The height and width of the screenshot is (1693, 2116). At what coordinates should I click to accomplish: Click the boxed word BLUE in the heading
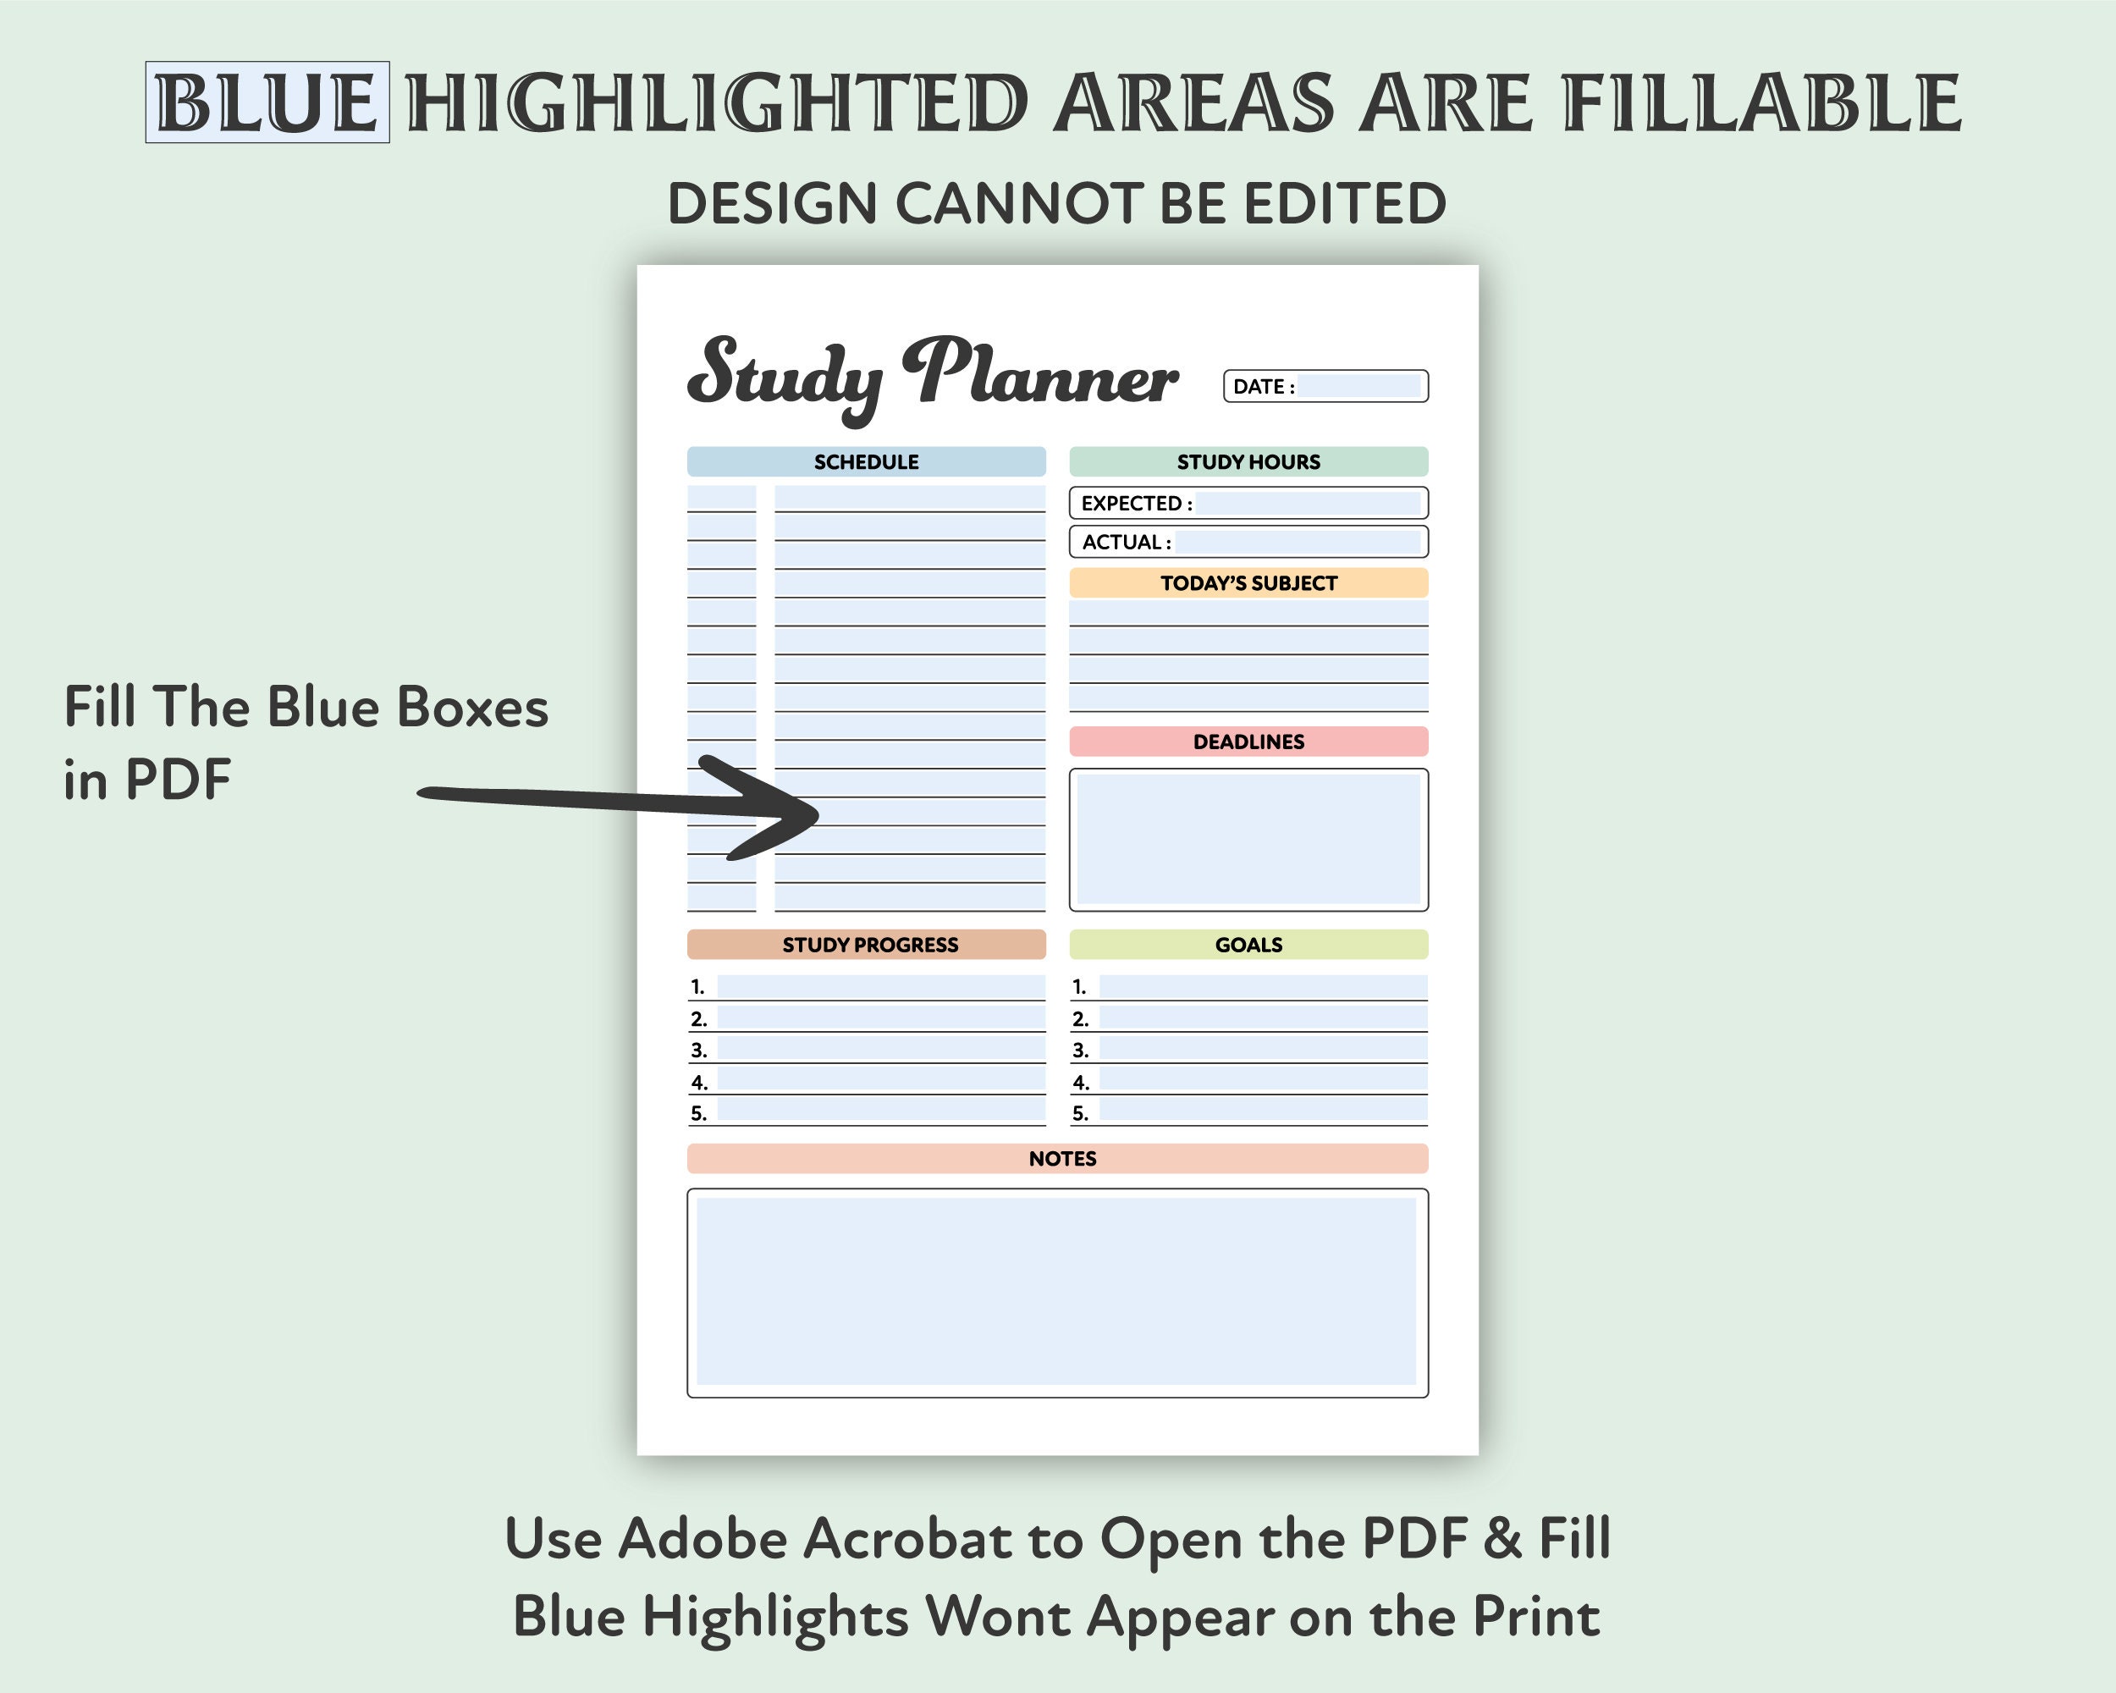267,102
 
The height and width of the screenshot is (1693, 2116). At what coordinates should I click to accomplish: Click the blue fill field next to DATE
1358,386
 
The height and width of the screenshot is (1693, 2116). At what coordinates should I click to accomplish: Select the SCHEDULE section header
866,461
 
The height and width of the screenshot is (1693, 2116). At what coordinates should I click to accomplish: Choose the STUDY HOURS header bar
1248,461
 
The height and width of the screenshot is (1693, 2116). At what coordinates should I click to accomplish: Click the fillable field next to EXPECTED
1308,504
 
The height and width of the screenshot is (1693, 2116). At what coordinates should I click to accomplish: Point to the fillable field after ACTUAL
1298,542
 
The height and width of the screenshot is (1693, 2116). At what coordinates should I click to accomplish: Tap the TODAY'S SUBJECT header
1248,583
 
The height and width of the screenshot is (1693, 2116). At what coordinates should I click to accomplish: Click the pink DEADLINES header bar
1248,741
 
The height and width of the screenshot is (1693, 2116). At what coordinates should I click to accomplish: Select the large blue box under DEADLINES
1248,839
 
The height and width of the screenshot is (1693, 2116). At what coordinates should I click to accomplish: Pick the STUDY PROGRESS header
869,944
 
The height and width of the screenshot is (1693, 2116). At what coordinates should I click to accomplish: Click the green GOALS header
1248,944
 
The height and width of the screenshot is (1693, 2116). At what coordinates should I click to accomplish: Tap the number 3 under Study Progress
699,1051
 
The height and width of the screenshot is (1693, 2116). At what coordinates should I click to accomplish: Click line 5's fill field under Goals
1262,1111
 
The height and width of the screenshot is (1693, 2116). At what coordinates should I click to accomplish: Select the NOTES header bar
1062,1158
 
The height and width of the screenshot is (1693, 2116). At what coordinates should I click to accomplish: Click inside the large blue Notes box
1056,1291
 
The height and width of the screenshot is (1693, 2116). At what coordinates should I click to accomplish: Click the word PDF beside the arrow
178,780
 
